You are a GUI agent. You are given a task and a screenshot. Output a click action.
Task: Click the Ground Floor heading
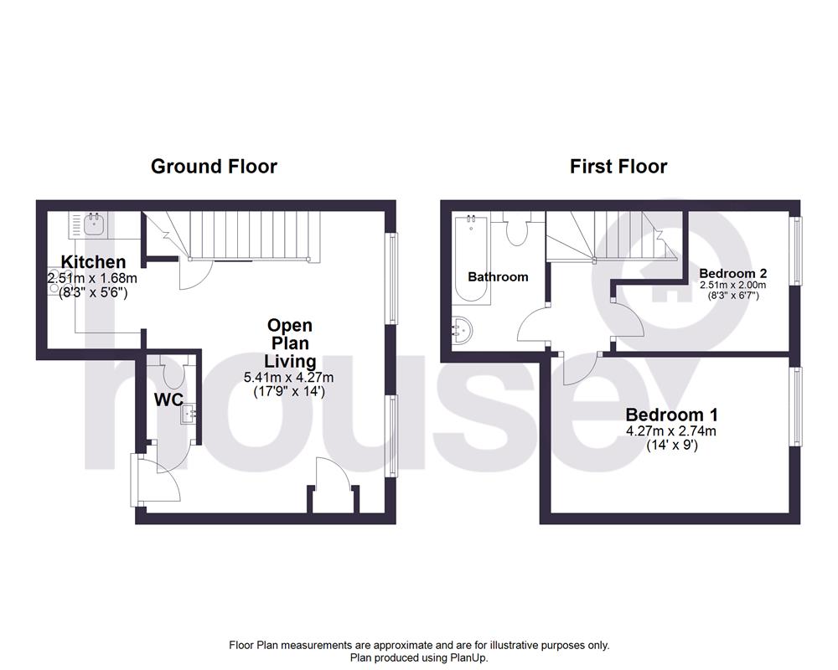click(214, 166)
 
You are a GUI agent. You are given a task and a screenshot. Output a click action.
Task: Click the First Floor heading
click(618, 166)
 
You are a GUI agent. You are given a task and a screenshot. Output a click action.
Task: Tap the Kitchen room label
click(94, 262)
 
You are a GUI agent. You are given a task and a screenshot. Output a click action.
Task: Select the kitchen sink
click(94, 225)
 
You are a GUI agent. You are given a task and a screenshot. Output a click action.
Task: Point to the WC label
click(168, 399)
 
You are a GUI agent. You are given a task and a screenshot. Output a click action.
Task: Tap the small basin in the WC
click(188, 414)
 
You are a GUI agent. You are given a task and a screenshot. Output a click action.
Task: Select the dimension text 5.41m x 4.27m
click(288, 377)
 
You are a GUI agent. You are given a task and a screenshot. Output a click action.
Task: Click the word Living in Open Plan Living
click(290, 361)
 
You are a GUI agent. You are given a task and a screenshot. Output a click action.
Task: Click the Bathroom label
click(498, 276)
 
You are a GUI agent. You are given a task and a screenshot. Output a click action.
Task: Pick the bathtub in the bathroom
click(471, 259)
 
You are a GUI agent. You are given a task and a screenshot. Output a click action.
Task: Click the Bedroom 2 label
click(732, 273)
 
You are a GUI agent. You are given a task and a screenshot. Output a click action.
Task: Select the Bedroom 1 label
click(672, 414)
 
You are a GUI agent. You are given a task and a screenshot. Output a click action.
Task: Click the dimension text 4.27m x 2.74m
click(672, 431)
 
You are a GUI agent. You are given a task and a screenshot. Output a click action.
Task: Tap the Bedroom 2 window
click(797, 250)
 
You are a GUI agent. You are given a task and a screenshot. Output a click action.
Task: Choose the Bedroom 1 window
click(797, 406)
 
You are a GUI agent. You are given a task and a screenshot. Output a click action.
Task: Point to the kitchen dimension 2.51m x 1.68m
click(92, 278)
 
